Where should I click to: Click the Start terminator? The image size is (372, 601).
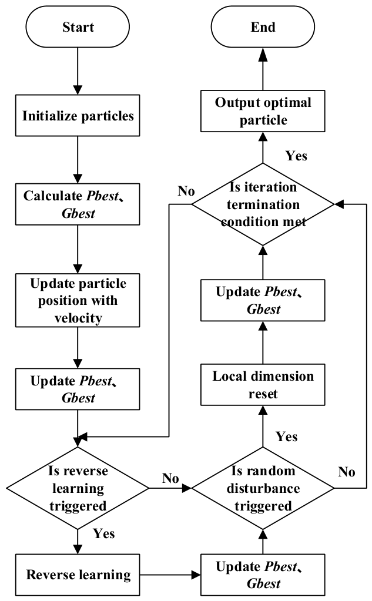[78, 27]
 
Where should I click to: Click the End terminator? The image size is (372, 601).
[263, 27]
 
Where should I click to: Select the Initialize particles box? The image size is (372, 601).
[78, 115]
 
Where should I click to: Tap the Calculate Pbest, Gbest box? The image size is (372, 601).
[78, 204]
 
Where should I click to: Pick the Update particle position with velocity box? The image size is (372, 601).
[78, 300]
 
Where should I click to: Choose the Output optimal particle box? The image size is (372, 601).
[263, 111]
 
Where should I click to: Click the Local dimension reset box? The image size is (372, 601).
[263, 384]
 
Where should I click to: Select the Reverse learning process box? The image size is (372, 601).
[78, 575]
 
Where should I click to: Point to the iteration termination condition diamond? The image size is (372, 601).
[263, 204]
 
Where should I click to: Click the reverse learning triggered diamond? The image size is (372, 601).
[78, 488]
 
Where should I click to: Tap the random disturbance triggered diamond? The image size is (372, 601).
[263, 488]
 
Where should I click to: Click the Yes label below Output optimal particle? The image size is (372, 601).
[296, 156]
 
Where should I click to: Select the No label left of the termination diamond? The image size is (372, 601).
[186, 191]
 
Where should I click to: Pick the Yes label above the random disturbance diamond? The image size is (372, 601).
[286, 437]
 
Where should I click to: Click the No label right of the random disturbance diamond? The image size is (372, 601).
[346, 472]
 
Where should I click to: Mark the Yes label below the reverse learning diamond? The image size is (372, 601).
[104, 533]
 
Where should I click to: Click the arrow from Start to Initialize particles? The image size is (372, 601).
[78, 71]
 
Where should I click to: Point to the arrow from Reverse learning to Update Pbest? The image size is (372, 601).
[170, 575]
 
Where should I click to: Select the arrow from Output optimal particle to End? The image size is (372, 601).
[263, 69]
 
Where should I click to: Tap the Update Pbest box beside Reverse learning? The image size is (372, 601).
[263, 575]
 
